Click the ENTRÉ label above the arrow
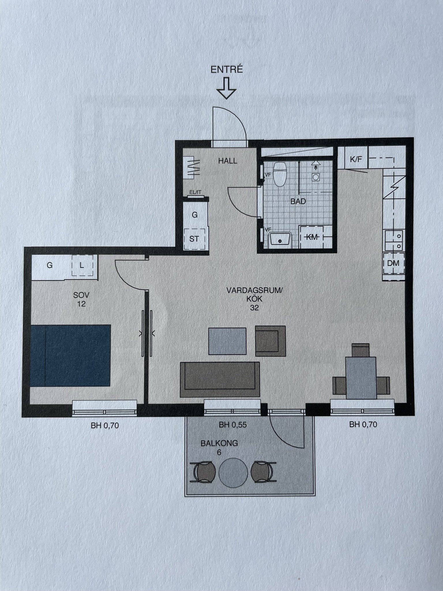[227, 70]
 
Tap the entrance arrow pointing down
[227, 88]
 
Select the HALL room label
[228, 161]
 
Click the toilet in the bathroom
[279, 174]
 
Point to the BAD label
[298, 201]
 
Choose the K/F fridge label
[356, 159]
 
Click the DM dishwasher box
[393, 263]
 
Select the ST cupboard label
[194, 239]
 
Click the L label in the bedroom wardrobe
[82, 265]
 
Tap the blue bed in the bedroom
[70, 356]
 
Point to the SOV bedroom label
[81, 295]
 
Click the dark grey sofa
[220, 379]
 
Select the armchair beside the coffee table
[270, 341]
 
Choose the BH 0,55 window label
[233, 425]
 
